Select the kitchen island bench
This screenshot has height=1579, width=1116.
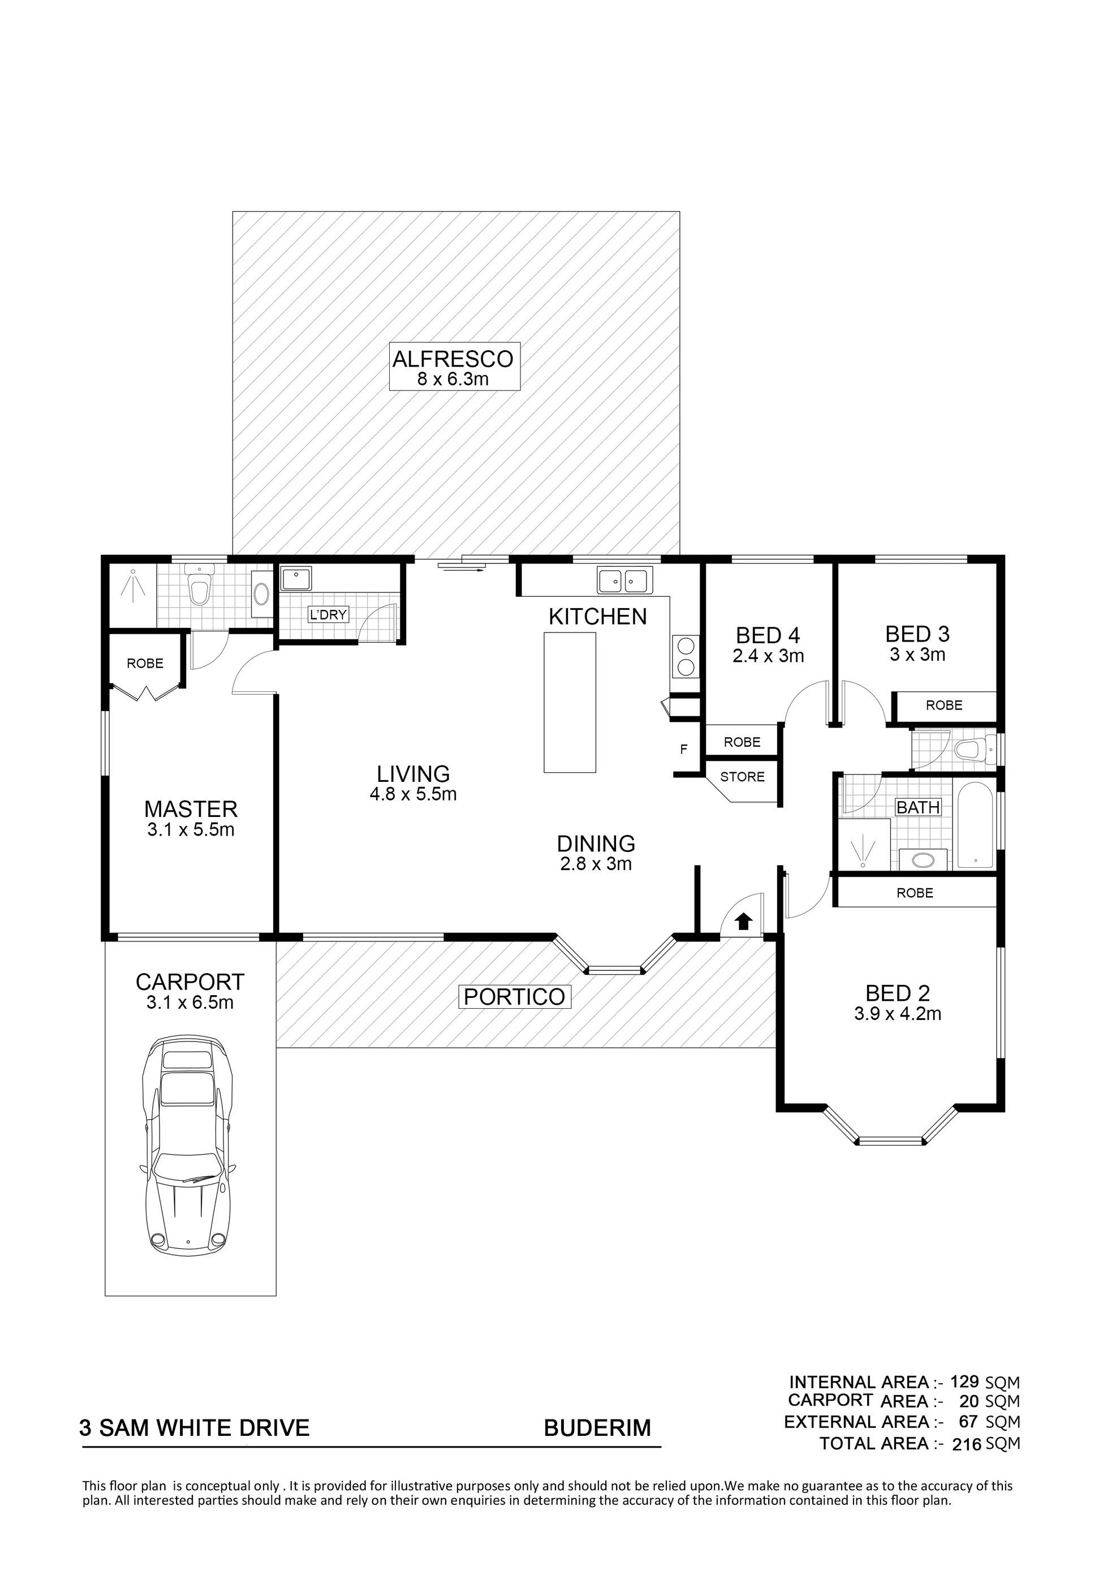coord(570,702)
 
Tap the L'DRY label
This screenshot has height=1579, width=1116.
coord(328,614)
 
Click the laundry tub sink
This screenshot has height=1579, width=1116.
coord(296,578)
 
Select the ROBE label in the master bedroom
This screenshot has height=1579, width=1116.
coord(145,663)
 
